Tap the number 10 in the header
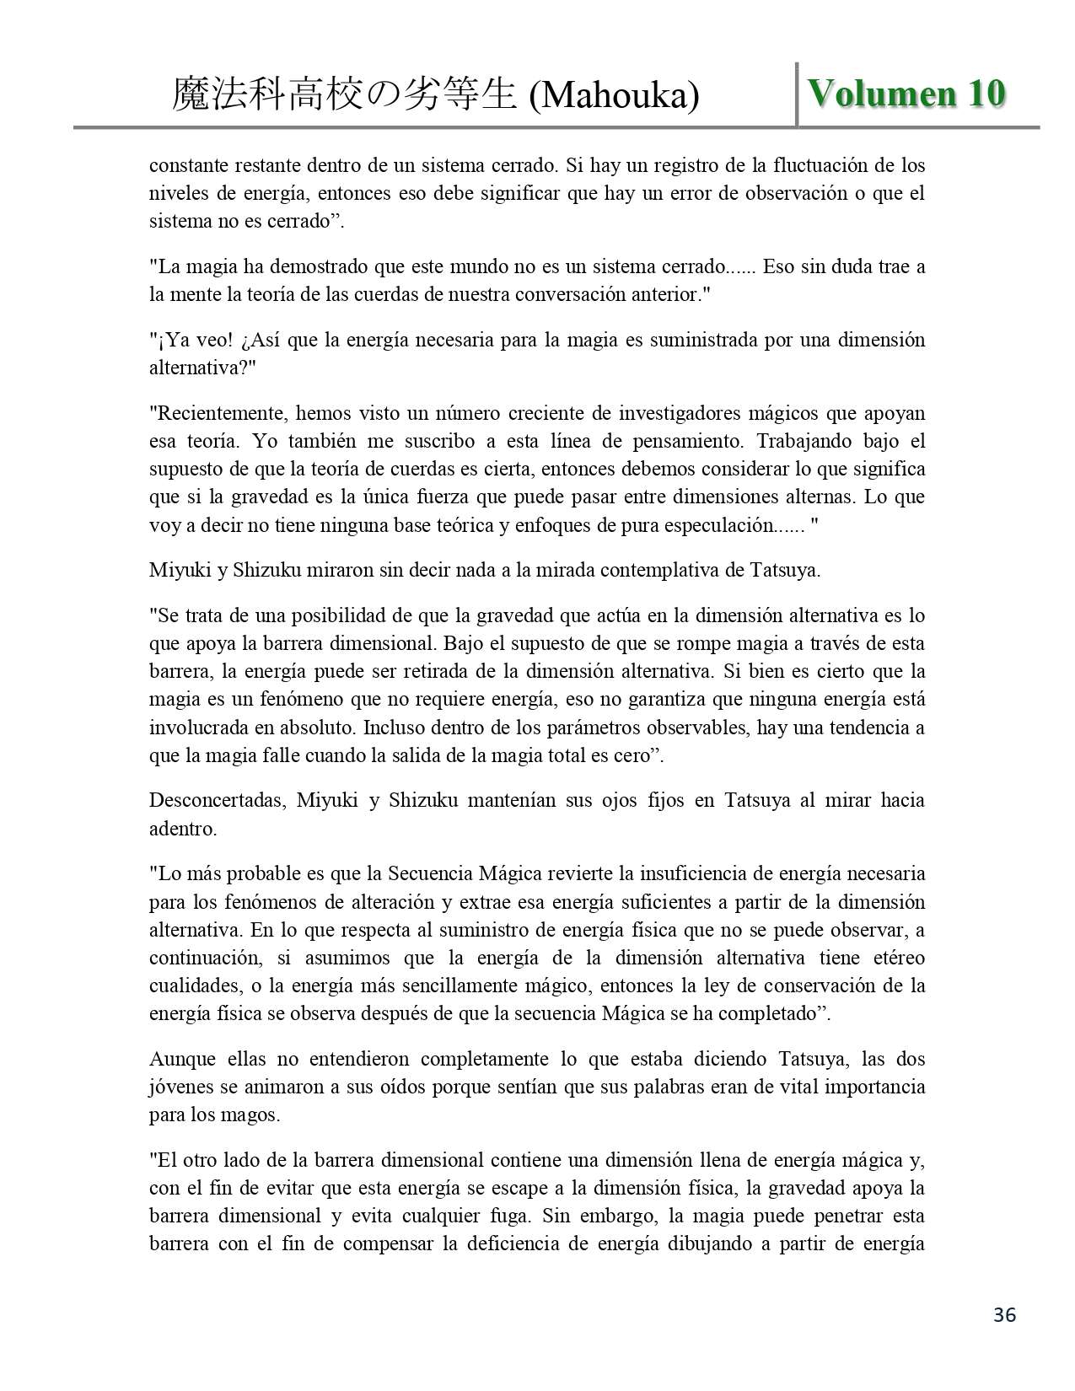[986, 94]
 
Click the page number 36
[1004, 1314]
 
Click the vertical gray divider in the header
[797, 94]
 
